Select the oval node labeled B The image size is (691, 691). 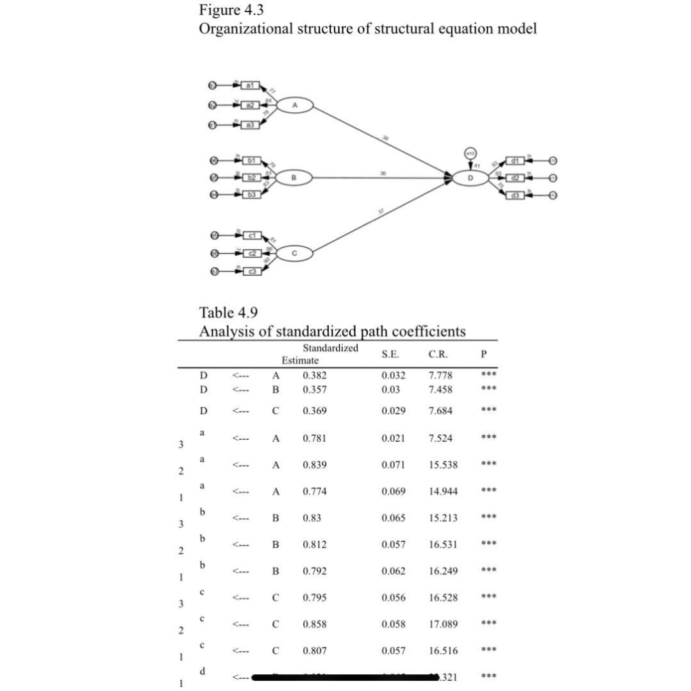pyautogui.click(x=295, y=178)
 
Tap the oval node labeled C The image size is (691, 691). pyautogui.click(x=294, y=253)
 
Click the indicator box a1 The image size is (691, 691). pyautogui.click(x=251, y=85)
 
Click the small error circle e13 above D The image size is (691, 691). pyautogui.click(x=471, y=154)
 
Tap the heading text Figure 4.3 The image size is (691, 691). pyautogui.click(x=231, y=10)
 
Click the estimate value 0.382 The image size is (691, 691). pyautogui.click(x=315, y=375)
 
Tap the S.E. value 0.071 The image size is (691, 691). pyautogui.click(x=393, y=464)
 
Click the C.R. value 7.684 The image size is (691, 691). pyautogui.click(x=440, y=410)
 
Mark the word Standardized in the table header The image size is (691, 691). pyautogui.click(x=330, y=348)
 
